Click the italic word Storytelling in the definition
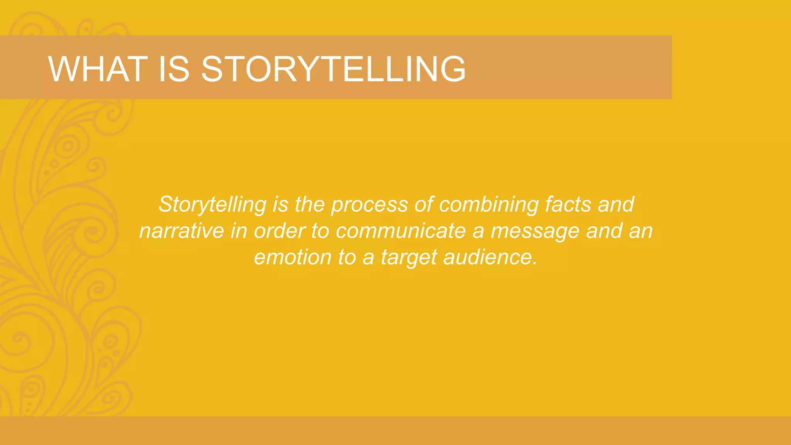coord(212,204)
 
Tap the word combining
coord(489,204)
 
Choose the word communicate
coord(401,231)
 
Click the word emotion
coord(293,257)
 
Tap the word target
coord(409,257)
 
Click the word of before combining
coord(424,204)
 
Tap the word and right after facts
coord(616,204)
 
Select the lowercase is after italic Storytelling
coord(280,204)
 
